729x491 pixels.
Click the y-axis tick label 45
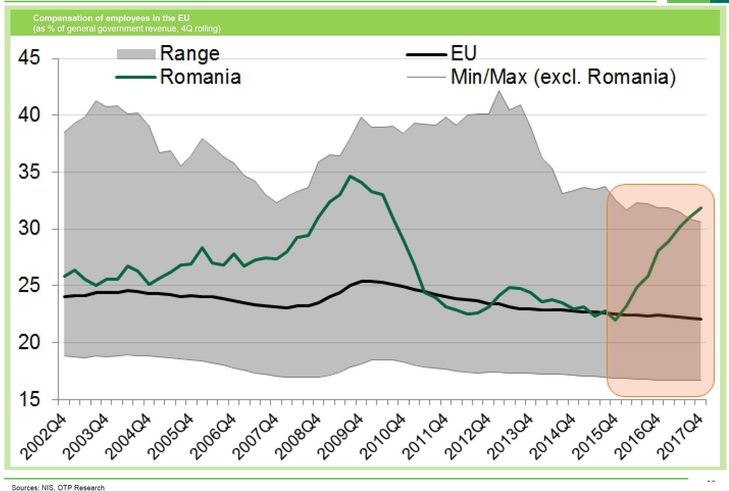click(x=28, y=58)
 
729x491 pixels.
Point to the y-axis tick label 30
click(x=28, y=228)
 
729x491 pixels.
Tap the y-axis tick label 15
click(x=28, y=399)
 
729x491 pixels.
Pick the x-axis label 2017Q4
click(x=681, y=437)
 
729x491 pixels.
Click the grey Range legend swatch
click(x=136, y=54)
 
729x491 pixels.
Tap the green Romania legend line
click(x=136, y=77)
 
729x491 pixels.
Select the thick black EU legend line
click(x=426, y=55)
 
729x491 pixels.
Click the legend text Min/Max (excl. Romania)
click(x=563, y=77)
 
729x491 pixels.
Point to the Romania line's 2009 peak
click(x=350, y=176)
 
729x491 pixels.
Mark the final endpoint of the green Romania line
click(x=701, y=207)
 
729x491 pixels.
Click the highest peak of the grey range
click(x=499, y=91)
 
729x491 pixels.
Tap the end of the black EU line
click(x=701, y=319)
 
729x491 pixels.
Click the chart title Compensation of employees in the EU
click(x=111, y=18)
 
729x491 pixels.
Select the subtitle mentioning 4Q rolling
click(x=127, y=29)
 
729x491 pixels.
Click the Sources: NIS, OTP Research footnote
click(x=58, y=487)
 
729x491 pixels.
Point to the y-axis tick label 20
click(x=28, y=342)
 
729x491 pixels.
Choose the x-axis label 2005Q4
click(x=170, y=437)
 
